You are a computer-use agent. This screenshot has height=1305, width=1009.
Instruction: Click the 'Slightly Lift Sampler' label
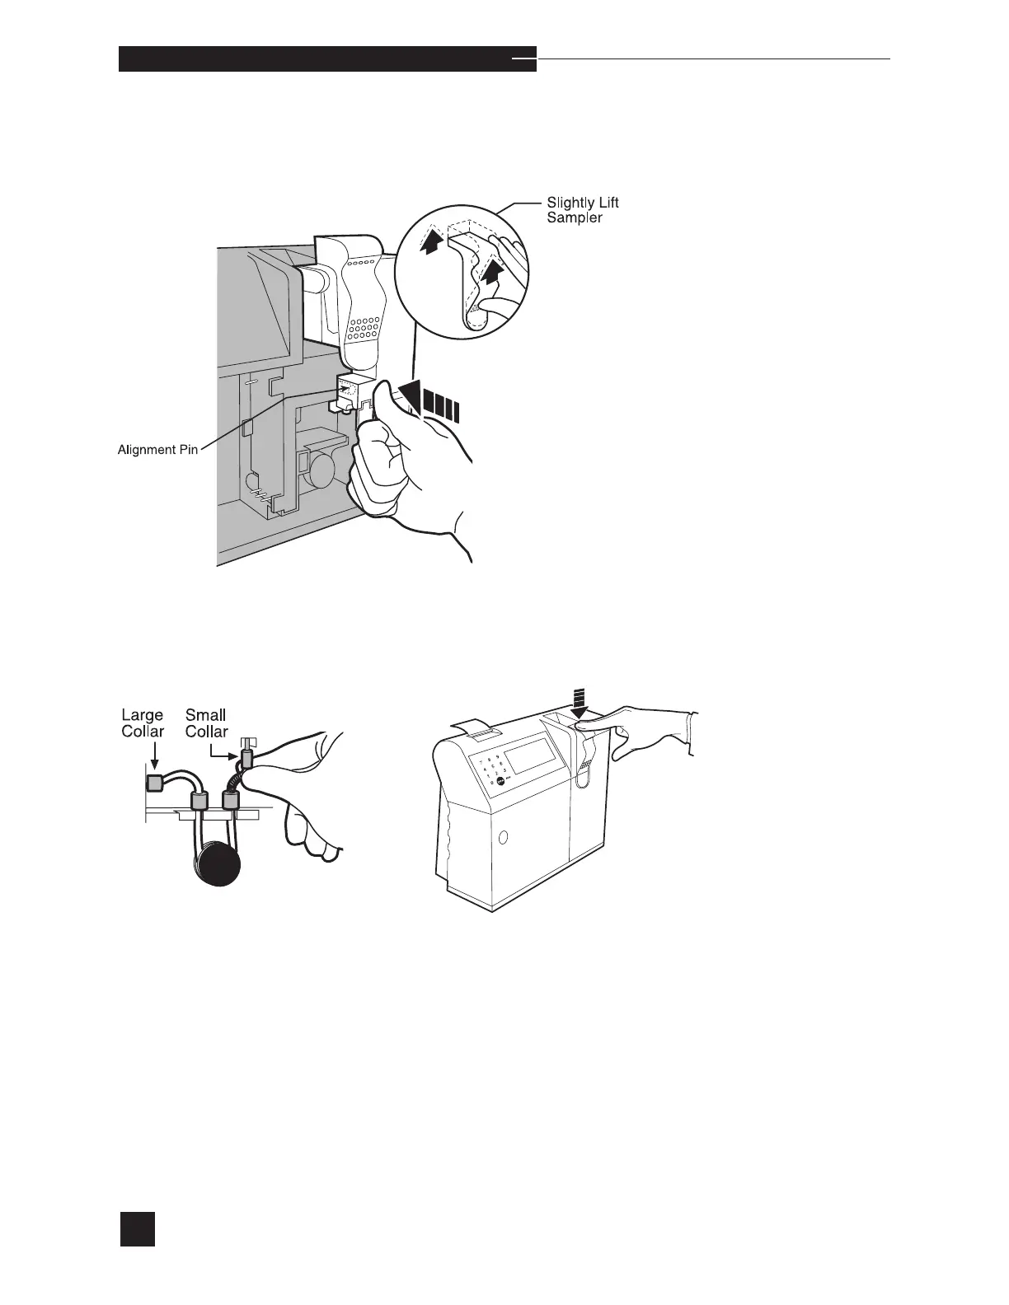point(582,209)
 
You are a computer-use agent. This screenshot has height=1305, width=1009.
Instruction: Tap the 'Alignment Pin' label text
point(157,451)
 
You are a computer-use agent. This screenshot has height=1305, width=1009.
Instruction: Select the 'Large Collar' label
point(143,723)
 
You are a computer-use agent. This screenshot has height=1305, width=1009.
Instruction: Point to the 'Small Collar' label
point(206,723)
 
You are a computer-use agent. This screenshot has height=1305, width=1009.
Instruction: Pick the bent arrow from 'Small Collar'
point(223,751)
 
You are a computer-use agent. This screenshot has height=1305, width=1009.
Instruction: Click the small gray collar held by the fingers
point(245,760)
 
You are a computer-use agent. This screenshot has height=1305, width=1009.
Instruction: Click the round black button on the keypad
point(500,779)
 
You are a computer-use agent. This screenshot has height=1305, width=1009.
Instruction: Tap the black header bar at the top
point(327,59)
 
